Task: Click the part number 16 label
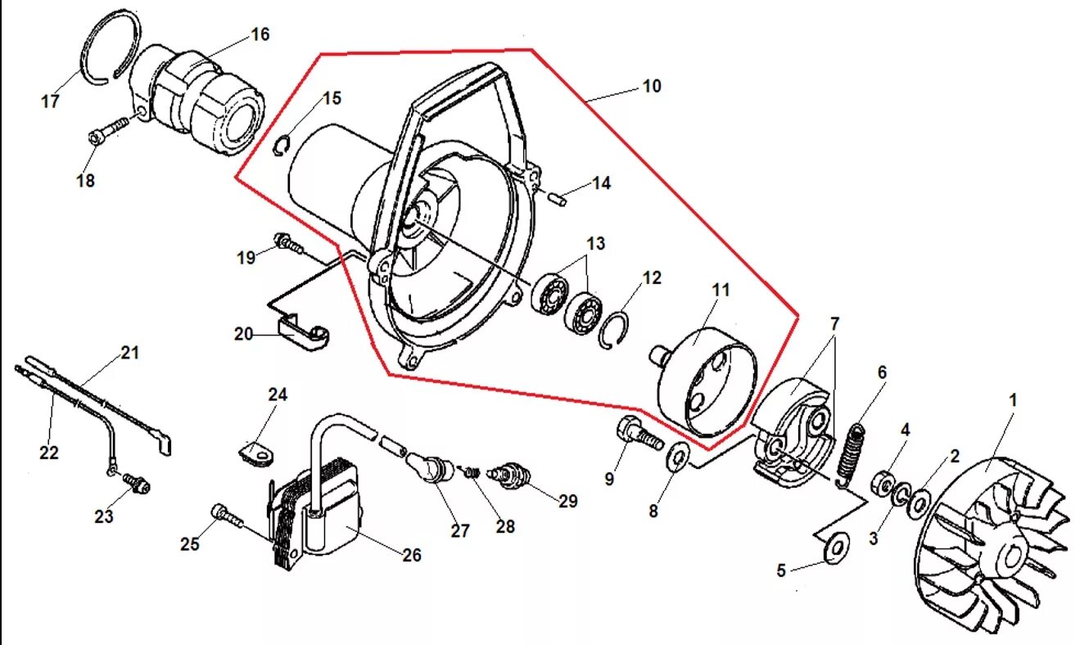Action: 260,34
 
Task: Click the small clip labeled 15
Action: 281,145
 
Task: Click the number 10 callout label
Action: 652,86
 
